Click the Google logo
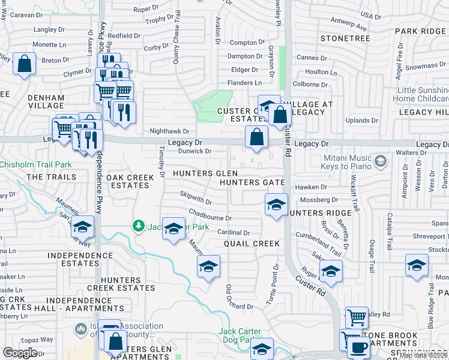point(20,353)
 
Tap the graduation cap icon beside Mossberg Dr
point(276,205)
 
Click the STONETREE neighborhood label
point(345,38)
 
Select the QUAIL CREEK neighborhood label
point(252,244)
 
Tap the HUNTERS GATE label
point(252,182)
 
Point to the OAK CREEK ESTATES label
point(127,181)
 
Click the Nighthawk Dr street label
point(169,131)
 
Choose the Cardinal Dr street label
point(233,232)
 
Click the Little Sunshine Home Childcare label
point(423,94)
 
